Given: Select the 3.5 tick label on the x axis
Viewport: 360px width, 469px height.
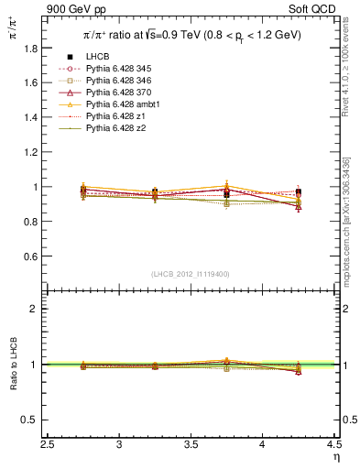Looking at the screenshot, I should coord(191,444).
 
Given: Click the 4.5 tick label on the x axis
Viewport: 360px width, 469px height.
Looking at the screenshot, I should coord(334,444).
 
